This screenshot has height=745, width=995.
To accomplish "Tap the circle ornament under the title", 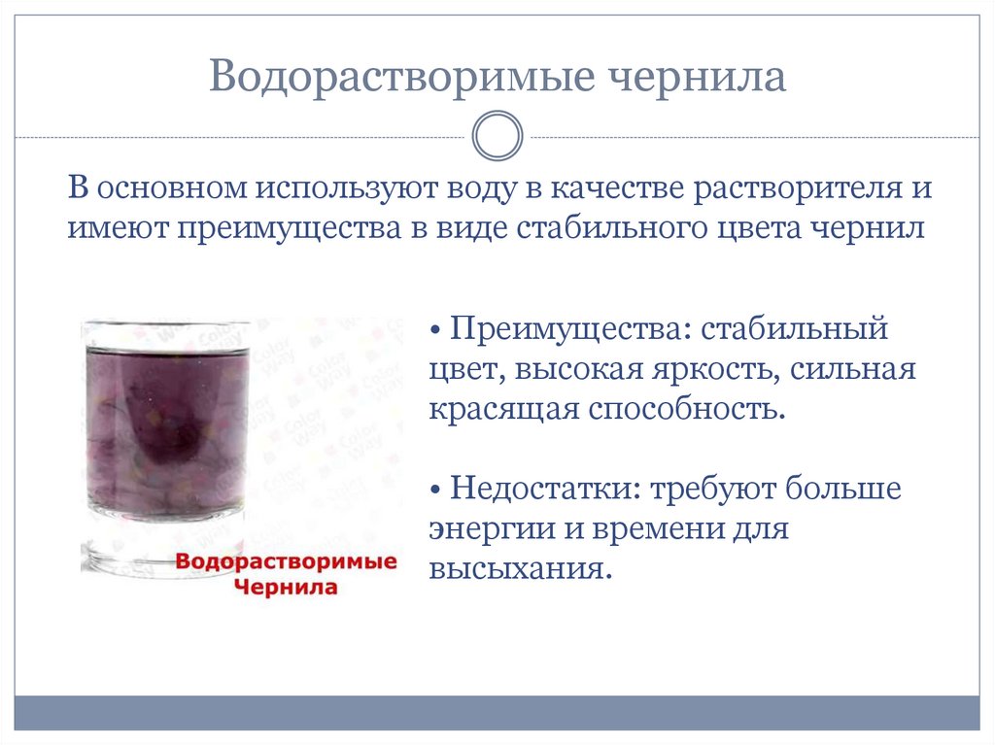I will coord(497,137).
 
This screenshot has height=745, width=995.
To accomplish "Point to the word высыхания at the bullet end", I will coord(520,567).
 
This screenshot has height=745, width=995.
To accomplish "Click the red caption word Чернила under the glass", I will coord(286,587).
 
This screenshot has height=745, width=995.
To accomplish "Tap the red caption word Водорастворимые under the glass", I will coord(288,562).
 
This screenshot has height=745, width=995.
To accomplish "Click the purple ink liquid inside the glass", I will coord(165,427).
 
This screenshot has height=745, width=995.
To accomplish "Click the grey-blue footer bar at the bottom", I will coord(497,712).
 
